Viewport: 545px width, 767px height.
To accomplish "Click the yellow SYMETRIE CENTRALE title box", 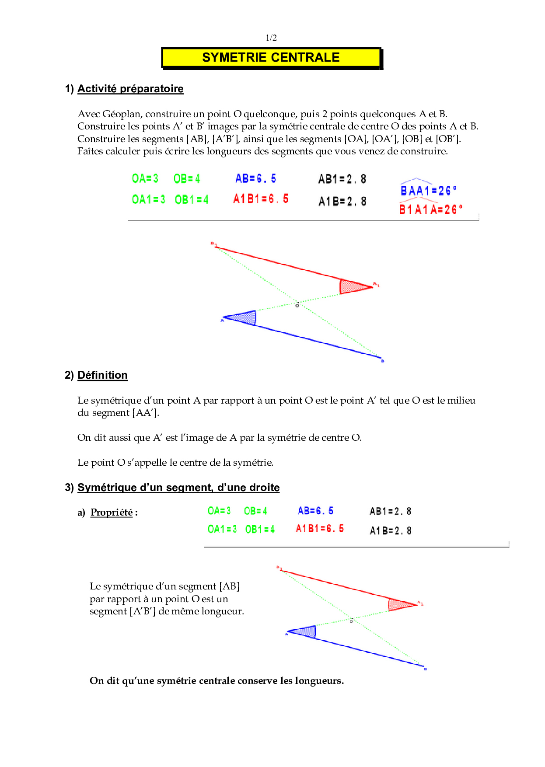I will click(x=271, y=58).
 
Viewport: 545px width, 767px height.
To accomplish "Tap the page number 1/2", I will click(x=271, y=38).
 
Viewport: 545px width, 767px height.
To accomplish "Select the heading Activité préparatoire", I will click(x=130, y=89).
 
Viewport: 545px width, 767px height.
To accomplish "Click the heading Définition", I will click(x=102, y=375).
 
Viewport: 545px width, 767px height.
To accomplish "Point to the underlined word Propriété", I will click(x=112, y=512).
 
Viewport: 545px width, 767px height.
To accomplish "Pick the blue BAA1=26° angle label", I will click(x=428, y=191).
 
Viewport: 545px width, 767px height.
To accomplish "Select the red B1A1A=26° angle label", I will click(x=430, y=209).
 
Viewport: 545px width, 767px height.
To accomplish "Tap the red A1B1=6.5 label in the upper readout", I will click(x=261, y=199).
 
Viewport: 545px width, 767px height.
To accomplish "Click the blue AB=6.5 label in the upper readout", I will click(x=256, y=178).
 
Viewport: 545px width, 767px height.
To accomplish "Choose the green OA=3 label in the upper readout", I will click(x=145, y=178).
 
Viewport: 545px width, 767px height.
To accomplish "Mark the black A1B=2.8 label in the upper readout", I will click(x=342, y=201).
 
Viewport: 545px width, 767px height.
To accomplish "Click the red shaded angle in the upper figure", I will click(x=352, y=287).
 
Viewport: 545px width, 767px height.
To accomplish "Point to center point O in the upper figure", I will click(x=297, y=304).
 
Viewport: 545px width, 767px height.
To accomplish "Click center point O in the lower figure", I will click(x=351, y=620).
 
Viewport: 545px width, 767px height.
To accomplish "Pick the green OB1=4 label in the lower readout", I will click(x=260, y=530).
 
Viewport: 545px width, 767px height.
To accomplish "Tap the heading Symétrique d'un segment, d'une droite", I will click(x=178, y=488).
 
